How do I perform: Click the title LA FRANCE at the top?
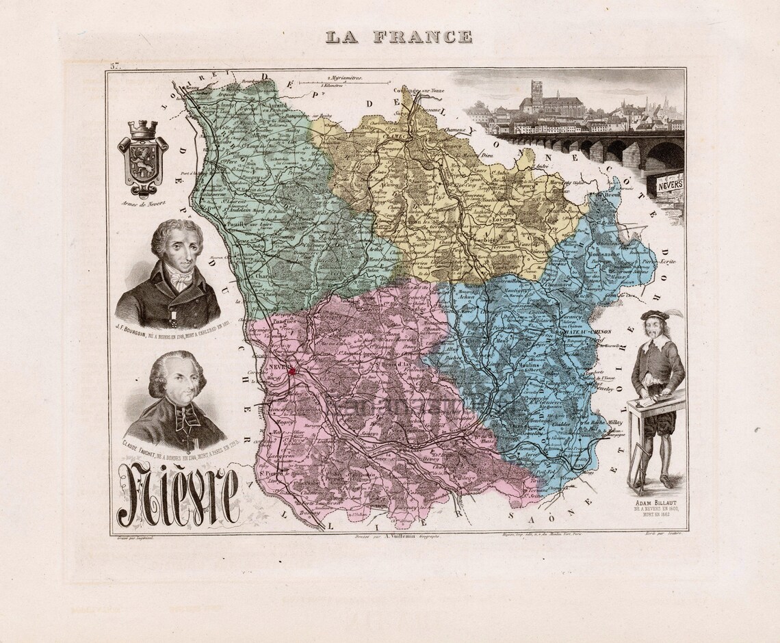point(398,37)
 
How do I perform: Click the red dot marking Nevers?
point(293,371)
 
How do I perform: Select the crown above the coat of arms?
point(143,129)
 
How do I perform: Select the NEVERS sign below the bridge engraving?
point(670,184)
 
